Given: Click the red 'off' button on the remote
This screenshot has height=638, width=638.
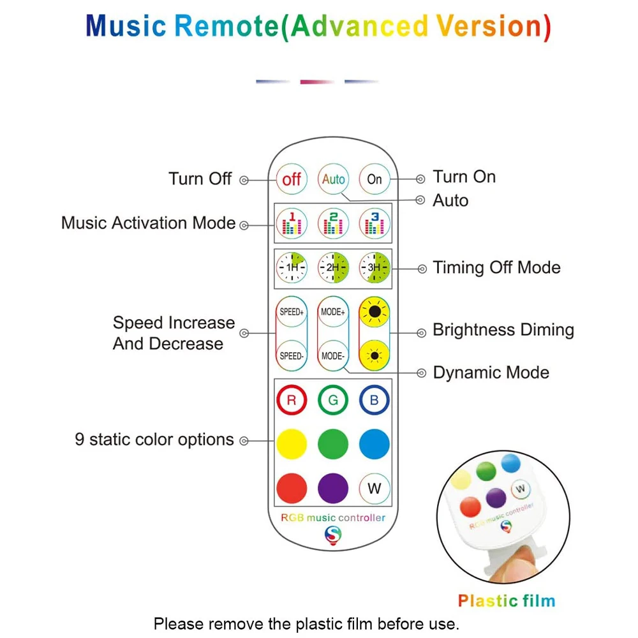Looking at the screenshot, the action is coord(292,179).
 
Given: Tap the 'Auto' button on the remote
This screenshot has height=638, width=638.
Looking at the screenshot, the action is coord(333,179).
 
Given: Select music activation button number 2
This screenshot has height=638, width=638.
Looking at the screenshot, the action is coord(333,223).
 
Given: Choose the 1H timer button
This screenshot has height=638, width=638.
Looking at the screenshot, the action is coord(292,268).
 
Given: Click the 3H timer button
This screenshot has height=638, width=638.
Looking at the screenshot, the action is coord(375,268).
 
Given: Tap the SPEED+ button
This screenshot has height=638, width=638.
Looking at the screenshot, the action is coord(292,313).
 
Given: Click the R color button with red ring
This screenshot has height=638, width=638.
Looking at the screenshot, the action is coord(292,401).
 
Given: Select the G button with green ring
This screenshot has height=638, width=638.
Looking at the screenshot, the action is coord(333,401).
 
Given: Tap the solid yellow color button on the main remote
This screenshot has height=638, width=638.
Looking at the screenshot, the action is coord(292,444).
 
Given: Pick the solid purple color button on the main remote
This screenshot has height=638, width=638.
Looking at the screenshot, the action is coord(333,489).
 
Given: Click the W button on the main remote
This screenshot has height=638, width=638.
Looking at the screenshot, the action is coord(375,489).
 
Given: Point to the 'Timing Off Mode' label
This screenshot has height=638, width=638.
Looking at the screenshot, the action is coord(496,267).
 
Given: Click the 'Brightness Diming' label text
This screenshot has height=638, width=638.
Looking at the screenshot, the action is coord(503,330).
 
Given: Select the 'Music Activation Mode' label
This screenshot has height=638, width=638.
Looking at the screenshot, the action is coord(149,223).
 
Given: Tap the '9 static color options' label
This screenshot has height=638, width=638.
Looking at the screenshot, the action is coord(154,440).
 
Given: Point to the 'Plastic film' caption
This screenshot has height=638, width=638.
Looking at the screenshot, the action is coord(507,601).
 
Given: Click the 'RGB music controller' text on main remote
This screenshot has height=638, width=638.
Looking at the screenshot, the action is coord(333,517).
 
